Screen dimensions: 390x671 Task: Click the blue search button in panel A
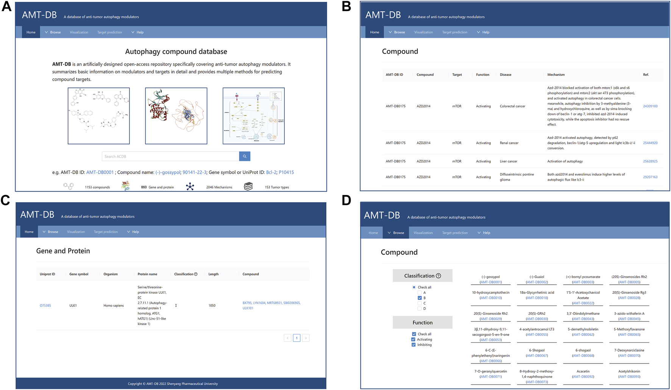coord(245,156)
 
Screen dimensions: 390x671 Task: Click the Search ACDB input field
coord(170,156)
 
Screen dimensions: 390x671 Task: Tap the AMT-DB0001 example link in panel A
coord(100,172)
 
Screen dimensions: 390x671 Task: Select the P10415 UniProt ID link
coord(286,172)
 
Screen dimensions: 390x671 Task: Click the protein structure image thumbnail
coord(176,116)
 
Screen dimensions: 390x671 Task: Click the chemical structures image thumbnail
coord(99,116)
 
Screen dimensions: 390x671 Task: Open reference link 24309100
coord(650,106)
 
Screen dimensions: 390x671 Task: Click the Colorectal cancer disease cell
coord(512,106)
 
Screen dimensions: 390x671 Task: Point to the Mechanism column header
coord(556,75)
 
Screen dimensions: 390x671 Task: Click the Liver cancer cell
coord(509,161)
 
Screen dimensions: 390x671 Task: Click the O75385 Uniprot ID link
coord(45,306)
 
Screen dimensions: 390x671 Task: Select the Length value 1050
coord(212,306)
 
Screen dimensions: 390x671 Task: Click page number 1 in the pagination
coord(296,338)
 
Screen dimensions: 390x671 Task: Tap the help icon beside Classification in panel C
coord(196,274)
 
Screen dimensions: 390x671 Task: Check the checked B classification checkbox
coord(420,298)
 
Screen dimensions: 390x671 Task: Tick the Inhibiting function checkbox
coord(414,345)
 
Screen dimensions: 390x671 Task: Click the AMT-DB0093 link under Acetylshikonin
coord(629,377)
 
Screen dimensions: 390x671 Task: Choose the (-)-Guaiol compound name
coord(537,277)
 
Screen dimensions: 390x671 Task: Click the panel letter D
coord(346,200)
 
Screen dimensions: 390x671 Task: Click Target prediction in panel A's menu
coord(109,32)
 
